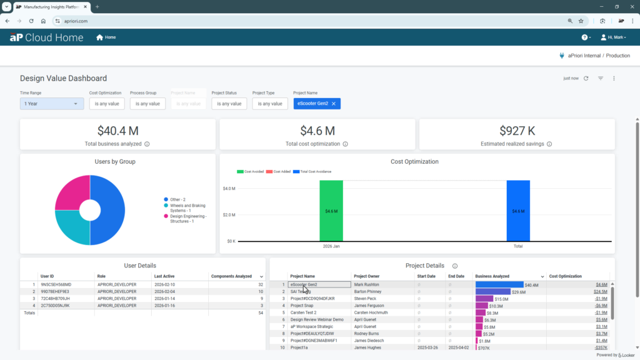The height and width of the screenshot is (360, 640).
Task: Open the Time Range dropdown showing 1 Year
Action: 52,104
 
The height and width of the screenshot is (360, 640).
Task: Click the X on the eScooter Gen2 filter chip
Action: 334,104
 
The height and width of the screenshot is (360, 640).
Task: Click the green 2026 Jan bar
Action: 331,211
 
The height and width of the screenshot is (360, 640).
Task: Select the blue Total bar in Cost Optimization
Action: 518,211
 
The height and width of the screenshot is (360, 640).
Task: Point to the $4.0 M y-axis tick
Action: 229,188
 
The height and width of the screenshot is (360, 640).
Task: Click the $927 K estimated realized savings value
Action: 517,131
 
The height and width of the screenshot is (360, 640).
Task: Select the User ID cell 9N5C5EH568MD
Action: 56,284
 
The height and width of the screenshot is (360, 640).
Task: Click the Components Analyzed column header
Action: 231,276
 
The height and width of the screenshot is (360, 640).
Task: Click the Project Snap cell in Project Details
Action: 302,306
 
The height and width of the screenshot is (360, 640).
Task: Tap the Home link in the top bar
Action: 106,37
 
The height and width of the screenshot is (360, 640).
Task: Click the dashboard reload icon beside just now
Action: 586,78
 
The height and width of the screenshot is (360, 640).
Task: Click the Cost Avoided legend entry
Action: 250,171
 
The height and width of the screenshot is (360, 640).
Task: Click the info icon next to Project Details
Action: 454,266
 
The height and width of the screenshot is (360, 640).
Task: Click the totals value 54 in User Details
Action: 260,312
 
